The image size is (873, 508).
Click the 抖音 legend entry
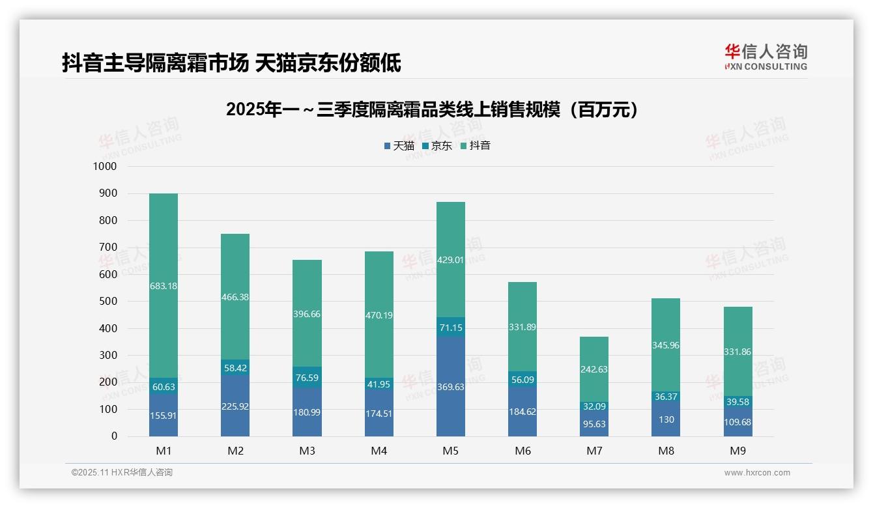tap(475, 146)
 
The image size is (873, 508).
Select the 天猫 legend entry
tap(399, 146)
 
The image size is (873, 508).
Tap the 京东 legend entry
tap(436, 146)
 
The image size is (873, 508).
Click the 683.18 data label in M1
tap(163, 286)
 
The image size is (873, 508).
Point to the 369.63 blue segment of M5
tap(450, 386)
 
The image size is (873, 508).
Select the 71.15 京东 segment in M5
tap(450, 328)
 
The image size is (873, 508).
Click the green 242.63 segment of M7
tap(594, 369)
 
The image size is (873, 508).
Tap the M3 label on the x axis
tap(307, 451)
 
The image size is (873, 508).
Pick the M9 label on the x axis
tap(737, 451)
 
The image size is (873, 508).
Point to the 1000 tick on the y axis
tap(104, 167)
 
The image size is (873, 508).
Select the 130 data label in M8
tap(665, 420)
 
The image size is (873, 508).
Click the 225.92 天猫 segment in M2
tap(235, 406)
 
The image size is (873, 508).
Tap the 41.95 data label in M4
tap(379, 385)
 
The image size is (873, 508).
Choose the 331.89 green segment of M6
tap(522, 327)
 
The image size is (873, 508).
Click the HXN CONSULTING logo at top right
tap(766, 57)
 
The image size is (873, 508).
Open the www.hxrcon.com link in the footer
tap(756, 473)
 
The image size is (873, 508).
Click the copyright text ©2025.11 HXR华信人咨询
tap(122, 473)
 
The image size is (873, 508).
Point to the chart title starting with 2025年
tap(432, 109)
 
